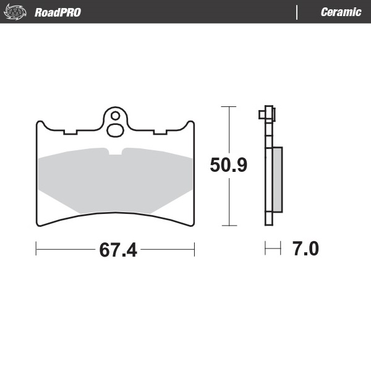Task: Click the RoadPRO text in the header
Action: (x=58, y=12)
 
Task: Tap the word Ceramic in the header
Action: (x=341, y=12)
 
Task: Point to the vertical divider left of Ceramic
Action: (x=297, y=12)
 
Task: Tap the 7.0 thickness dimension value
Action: (x=305, y=249)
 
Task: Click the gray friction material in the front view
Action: (x=115, y=182)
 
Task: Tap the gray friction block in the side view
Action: (x=278, y=179)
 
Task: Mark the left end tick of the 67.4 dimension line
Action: (x=36, y=249)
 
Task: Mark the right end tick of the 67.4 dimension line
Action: (x=194, y=249)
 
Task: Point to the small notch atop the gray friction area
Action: (x=115, y=151)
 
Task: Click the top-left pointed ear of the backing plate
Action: (x=40, y=124)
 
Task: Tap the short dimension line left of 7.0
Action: (x=273, y=249)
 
